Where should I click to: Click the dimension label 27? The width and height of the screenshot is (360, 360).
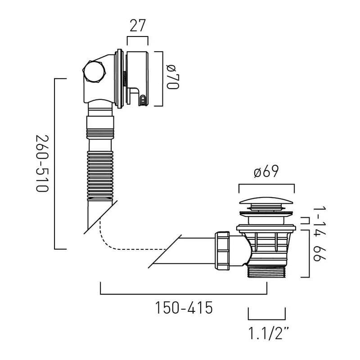click(138, 26)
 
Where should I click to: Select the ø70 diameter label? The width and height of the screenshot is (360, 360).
click(173, 77)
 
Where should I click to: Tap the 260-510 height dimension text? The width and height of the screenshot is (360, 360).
click(42, 163)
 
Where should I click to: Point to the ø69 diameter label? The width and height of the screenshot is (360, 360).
click(266, 171)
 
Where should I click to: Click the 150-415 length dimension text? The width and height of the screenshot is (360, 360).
click(184, 308)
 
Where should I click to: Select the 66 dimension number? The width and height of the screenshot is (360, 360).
click(320, 253)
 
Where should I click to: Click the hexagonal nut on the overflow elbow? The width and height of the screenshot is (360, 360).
click(94, 72)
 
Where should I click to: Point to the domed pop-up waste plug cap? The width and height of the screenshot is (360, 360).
click(266, 200)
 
